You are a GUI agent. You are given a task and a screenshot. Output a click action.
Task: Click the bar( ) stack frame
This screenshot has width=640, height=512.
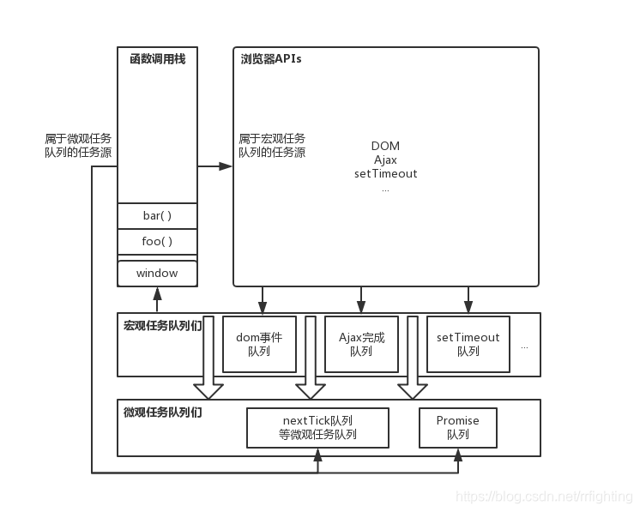click(x=157, y=216)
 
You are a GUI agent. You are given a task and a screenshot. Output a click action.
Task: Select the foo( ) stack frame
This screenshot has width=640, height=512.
click(x=157, y=242)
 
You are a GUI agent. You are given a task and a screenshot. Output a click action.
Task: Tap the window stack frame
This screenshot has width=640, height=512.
click(x=157, y=274)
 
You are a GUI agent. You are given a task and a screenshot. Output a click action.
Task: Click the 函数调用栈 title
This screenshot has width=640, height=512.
click(x=157, y=59)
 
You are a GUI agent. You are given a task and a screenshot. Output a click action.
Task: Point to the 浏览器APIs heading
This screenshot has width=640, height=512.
click(x=271, y=59)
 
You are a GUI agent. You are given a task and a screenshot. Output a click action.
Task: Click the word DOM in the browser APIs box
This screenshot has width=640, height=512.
click(x=385, y=146)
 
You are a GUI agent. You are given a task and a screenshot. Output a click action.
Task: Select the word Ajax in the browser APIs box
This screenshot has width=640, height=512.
click(x=385, y=160)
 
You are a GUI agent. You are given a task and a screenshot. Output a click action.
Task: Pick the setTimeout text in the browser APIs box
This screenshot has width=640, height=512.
click(x=385, y=173)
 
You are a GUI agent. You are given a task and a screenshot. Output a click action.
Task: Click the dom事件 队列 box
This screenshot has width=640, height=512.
click(x=259, y=344)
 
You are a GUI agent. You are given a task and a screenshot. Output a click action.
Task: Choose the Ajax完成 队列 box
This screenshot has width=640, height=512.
click(x=361, y=344)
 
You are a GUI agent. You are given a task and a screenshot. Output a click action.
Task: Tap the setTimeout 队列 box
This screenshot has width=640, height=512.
click(x=468, y=344)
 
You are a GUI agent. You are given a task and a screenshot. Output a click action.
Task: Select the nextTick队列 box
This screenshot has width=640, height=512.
click(x=317, y=427)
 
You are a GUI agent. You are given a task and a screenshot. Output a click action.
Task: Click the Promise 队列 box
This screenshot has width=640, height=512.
click(x=457, y=427)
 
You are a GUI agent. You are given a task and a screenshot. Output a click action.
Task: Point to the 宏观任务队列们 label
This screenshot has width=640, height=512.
click(x=162, y=326)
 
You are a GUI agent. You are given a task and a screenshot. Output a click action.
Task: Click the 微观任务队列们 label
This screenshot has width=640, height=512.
click(x=162, y=412)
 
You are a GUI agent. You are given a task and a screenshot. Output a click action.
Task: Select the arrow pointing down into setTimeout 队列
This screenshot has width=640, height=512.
click(x=468, y=300)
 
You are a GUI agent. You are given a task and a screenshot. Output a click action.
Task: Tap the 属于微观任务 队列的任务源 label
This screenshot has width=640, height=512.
click(x=78, y=145)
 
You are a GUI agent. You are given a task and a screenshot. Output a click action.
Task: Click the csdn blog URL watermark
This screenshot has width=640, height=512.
click(x=543, y=497)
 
